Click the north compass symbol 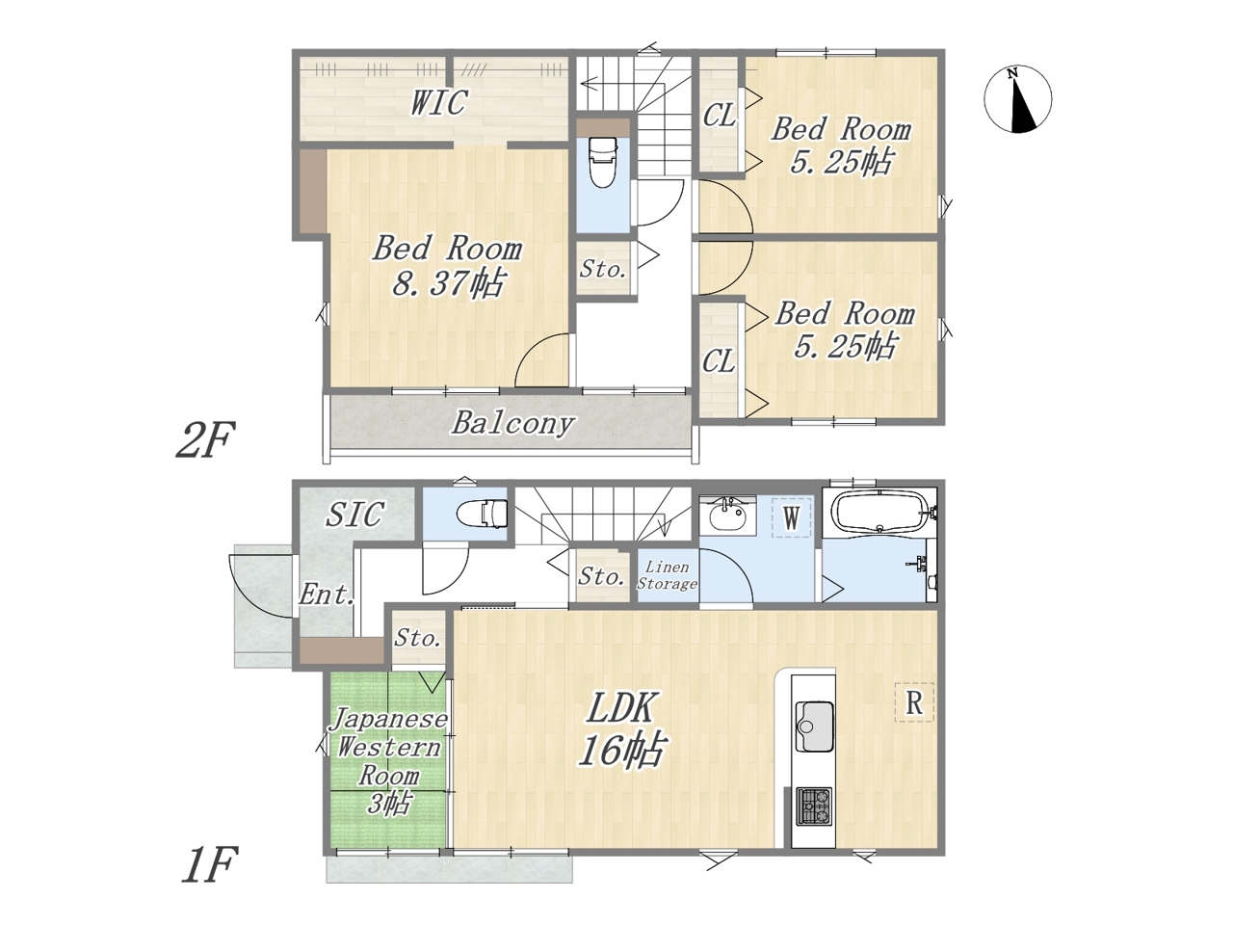[1017, 100]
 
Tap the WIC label [438, 102]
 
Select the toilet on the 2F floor [603, 162]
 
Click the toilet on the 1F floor [483, 513]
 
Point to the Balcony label [512, 423]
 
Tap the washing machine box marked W [792, 517]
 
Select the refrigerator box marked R [914, 702]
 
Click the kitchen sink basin [813, 726]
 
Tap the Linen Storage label [667, 575]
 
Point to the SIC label [355, 514]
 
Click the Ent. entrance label [327, 594]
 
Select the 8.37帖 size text [448, 282]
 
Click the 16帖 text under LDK [621, 750]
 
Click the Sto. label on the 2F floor [603, 270]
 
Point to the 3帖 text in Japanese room [388, 804]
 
